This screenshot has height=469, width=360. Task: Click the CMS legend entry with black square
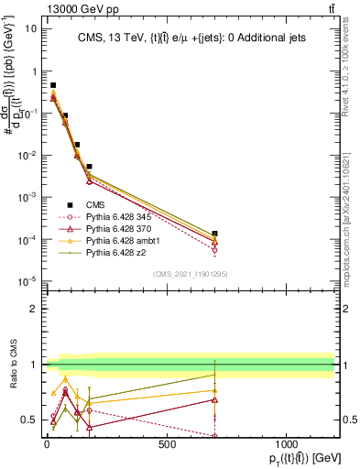tap(84, 204)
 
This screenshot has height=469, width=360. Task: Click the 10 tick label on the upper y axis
tap(28, 28)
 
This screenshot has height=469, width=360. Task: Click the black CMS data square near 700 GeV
tap(214, 234)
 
